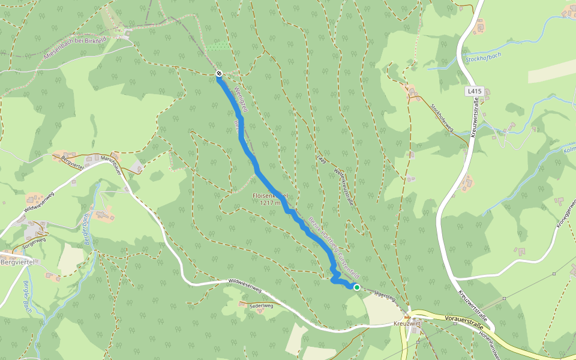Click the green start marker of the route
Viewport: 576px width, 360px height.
(x=357, y=287)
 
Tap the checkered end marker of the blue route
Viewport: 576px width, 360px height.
(x=219, y=74)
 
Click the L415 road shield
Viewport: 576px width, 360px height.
(x=474, y=91)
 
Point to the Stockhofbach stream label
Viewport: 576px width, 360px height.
(x=484, y=58)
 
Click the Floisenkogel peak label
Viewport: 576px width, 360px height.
(x=270, y=196)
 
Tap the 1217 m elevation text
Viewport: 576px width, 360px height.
(x=270, y=203)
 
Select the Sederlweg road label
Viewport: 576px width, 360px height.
(x=260, y=305)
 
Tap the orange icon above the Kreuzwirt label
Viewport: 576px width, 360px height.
(x=407, y=317)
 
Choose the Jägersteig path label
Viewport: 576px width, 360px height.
(x=385, y=295)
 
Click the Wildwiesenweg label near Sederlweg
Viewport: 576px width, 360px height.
(x=245, y=285)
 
